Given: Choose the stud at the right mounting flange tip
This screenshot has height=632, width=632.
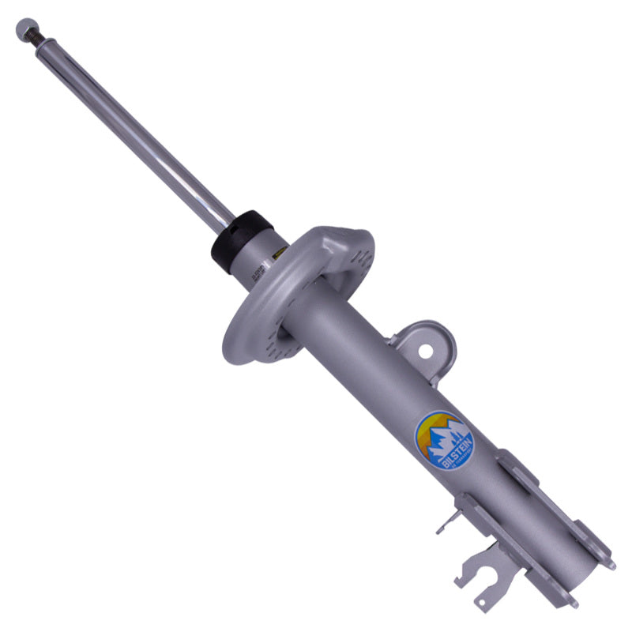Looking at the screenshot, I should [x=611, y=565].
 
